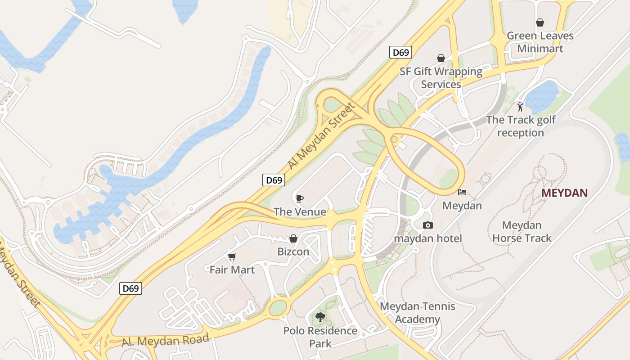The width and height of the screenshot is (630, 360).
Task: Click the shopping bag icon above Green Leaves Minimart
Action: pos(540,22)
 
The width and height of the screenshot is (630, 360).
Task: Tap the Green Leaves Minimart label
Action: pos(540,42)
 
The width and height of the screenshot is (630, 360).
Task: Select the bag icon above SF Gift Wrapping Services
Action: pos(441,58)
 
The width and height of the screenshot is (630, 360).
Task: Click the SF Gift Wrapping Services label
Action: pos(441,77)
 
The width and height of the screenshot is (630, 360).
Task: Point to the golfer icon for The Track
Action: pos(520,107)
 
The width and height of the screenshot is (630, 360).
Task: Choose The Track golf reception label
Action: pos(521,126)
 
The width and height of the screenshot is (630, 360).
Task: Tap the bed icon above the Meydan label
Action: pos(462,192)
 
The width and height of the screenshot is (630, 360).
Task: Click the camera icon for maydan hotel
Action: pos(428,225)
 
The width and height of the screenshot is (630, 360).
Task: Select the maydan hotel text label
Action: pos(428,238)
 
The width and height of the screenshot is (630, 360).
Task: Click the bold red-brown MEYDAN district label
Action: pos(564,193)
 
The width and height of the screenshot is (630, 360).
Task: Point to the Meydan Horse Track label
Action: pos(522,231)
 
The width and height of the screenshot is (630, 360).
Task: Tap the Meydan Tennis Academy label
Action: pos(418,313)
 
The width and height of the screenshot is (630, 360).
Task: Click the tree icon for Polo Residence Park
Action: pos(320,317)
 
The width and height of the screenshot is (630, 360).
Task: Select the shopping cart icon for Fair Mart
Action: pos(232,256)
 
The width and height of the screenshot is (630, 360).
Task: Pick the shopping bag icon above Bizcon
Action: pos(293,238)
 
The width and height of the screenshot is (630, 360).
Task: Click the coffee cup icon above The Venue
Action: pos(300,198)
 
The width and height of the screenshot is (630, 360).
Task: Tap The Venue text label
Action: pos(300,211)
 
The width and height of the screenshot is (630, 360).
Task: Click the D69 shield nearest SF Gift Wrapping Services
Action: pos(400,53)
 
